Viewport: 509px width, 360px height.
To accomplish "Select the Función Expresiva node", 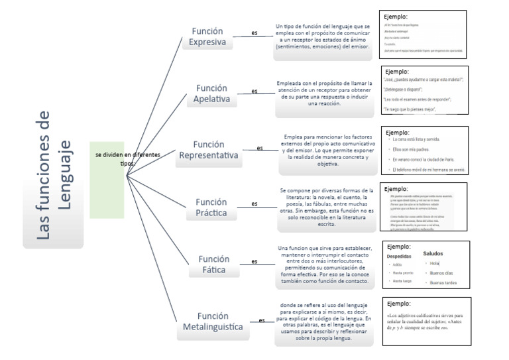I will (207, 37).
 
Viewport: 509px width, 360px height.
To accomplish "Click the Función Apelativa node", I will (212, 93).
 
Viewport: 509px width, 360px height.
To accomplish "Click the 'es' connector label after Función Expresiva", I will (254, 32).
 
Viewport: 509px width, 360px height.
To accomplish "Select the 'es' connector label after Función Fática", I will (254, 261).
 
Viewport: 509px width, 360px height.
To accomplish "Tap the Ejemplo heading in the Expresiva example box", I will (395, 17).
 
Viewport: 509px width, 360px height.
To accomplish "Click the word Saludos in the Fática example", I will (432, 253).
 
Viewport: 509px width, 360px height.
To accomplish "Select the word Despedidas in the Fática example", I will (399, 255).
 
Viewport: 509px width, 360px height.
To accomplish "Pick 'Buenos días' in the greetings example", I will (441, 273).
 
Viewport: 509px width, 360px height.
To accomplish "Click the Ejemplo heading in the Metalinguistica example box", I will (398, 304).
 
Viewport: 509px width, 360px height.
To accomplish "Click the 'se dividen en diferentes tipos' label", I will (127, 158).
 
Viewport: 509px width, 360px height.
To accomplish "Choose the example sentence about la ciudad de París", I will (423, 160).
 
